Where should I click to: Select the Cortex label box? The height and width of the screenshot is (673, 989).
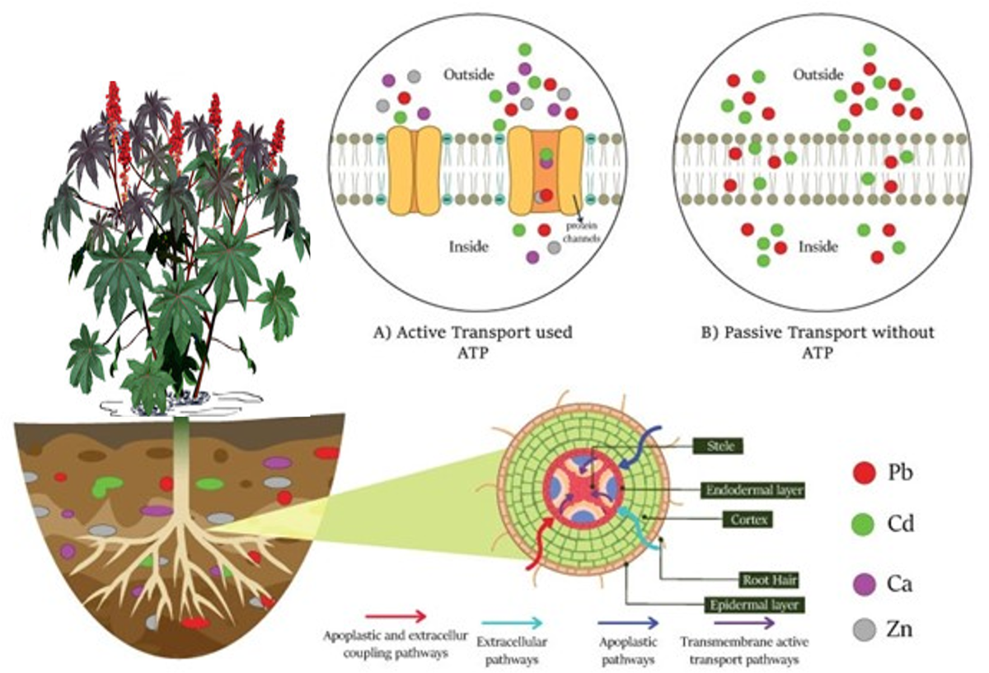tap(743, 521)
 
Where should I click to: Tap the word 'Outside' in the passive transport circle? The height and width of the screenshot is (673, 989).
tap(818, 75)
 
